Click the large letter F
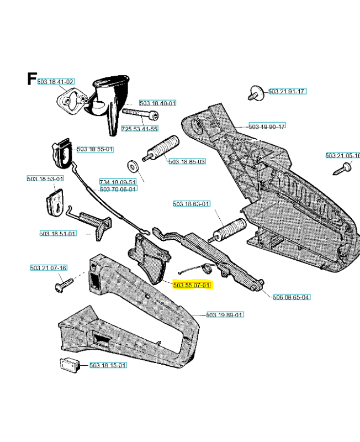(32, 79)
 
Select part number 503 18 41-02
(55, 82)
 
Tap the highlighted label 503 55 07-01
(192, 285)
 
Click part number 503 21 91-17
(287, 91)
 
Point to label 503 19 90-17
(267, 127)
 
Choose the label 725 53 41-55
(139, 129)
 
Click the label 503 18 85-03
(187, 161)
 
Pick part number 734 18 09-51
(118, 182)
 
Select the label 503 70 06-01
(118, 188)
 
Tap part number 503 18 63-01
(191, 204)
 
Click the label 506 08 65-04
(291, 297)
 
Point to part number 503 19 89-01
(225, 315)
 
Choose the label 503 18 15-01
(108, 365)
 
